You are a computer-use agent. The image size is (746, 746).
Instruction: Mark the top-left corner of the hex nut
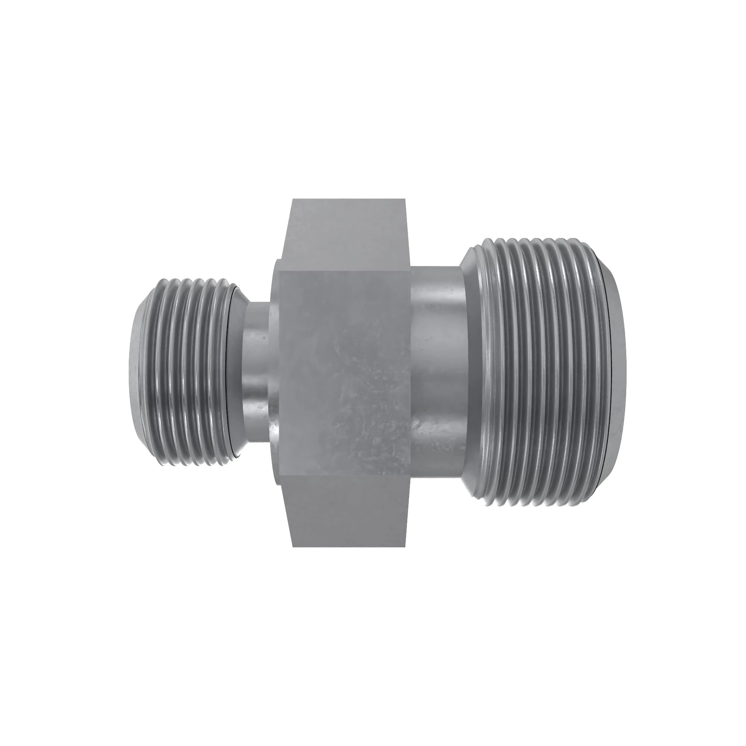click(293, 199)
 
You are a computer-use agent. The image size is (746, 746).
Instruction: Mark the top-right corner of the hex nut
click(405, 199)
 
